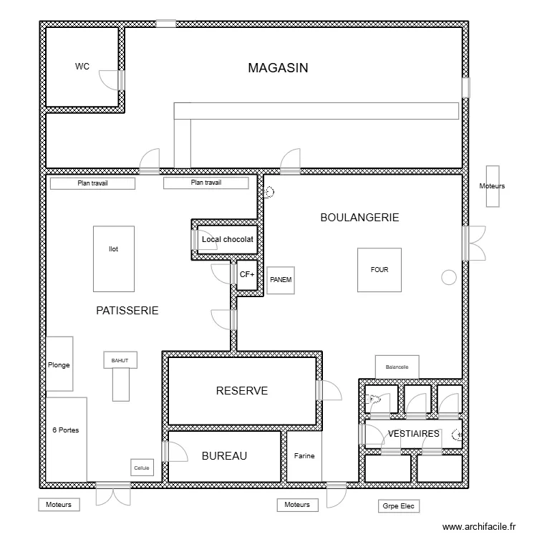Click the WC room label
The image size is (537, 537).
coord(82,67)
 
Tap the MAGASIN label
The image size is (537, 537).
coord(278,68)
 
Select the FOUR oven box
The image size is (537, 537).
coord(379,270)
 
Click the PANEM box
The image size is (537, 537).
coord(281,280)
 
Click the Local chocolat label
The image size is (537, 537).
coord(227,239)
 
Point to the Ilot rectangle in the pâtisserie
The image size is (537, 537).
coord(113,258)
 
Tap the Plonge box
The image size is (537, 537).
coord(59,364)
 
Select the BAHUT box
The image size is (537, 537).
coord(120,360)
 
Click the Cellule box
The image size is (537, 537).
coord(142,468)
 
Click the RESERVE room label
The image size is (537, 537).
coord(242,391)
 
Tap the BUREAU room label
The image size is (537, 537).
coord(224,456)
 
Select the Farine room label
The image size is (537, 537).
coord(304,456)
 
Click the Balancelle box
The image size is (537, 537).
coord(397,367)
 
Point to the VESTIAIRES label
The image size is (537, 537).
coord(413,434)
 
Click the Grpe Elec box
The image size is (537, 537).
coord(399,506)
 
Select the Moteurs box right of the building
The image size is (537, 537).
coord(492,186)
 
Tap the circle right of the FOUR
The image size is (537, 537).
coord(450,276)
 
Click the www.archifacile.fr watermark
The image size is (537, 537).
coord(479,526)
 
